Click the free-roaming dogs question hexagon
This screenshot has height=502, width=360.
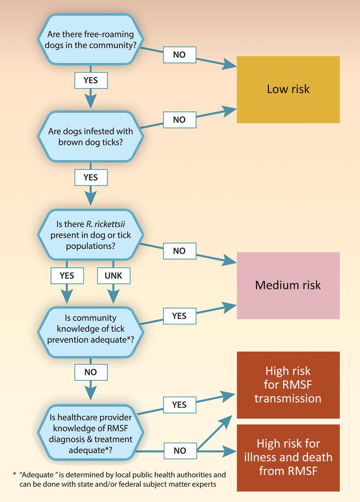(x=90, y=40)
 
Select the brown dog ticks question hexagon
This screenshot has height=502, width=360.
(x=90, y=136)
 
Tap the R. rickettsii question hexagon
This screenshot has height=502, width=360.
(x=90, y=235)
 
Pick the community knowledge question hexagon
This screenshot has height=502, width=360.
(x=90, y=332)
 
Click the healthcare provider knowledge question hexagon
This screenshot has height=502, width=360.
(x=90, y=433)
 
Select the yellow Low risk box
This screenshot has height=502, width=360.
(x=288, y=90)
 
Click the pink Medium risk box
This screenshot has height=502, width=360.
(x=288, y=285)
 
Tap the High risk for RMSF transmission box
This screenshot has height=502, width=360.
(x=288, y=385)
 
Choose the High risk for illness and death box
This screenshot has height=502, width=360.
(x=288, y=458)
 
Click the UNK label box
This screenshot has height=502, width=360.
(x=114, y=276)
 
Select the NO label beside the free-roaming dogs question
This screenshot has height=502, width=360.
(x=180, y=55)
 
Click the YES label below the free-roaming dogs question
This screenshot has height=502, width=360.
(x=91, y=80)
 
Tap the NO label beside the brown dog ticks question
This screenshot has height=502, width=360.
(x=180, y=120)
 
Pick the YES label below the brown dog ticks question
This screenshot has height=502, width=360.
(x=91, y=177)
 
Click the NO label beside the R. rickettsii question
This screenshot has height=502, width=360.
(x=180, y=251)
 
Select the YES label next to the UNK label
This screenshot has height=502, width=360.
(x=67, y=276)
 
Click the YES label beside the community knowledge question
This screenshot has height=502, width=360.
(x=180, y=316)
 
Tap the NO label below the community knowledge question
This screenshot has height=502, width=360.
(x=91, y=372)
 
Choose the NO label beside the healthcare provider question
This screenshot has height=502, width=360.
(x=180, y=451)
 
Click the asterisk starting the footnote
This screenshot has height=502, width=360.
(x=14, y=474)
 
